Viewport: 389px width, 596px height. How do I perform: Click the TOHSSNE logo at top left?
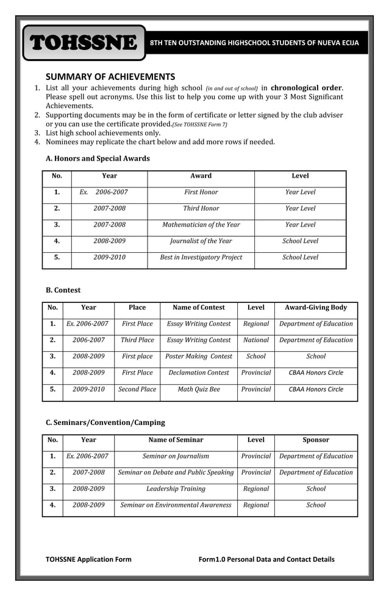point(84,43)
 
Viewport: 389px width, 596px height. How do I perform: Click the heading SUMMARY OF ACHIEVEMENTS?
point(110,76)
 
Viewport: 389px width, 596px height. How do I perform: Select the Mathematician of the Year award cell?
point(201,225)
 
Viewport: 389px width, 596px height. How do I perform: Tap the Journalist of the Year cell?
point(201,241)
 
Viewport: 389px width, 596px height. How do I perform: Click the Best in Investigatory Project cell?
point(201,257)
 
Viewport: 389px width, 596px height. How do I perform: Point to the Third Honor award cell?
point(201,208)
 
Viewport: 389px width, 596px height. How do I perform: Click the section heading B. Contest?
point(63,290)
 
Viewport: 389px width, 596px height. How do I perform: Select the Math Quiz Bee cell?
point(199,389)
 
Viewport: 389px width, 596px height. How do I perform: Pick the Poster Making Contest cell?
point(199,356)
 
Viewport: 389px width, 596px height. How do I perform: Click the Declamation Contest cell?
point(199,372)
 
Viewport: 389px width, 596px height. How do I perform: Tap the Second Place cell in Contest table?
point(137,389)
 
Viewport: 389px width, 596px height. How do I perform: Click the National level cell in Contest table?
point(255,340)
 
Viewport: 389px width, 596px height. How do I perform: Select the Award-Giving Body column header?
point(316,308)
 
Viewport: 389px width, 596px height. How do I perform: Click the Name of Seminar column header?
point(176,440)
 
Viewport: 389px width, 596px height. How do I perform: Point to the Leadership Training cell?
point(176,489)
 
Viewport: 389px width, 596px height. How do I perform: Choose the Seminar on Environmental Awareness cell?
point(176,505)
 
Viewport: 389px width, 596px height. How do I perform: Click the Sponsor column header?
point(316,440)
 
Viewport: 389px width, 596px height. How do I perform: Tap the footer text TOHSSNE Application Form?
point(88,559)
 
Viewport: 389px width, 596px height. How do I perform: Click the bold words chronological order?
point(306,88)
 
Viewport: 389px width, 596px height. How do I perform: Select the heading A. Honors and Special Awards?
point(98,158)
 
